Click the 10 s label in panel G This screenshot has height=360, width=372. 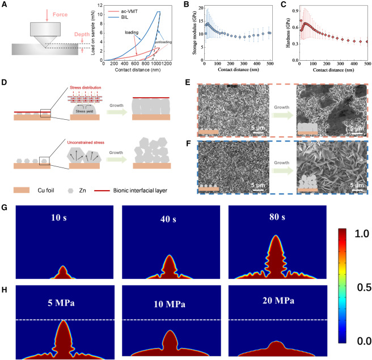coord(60,216)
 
